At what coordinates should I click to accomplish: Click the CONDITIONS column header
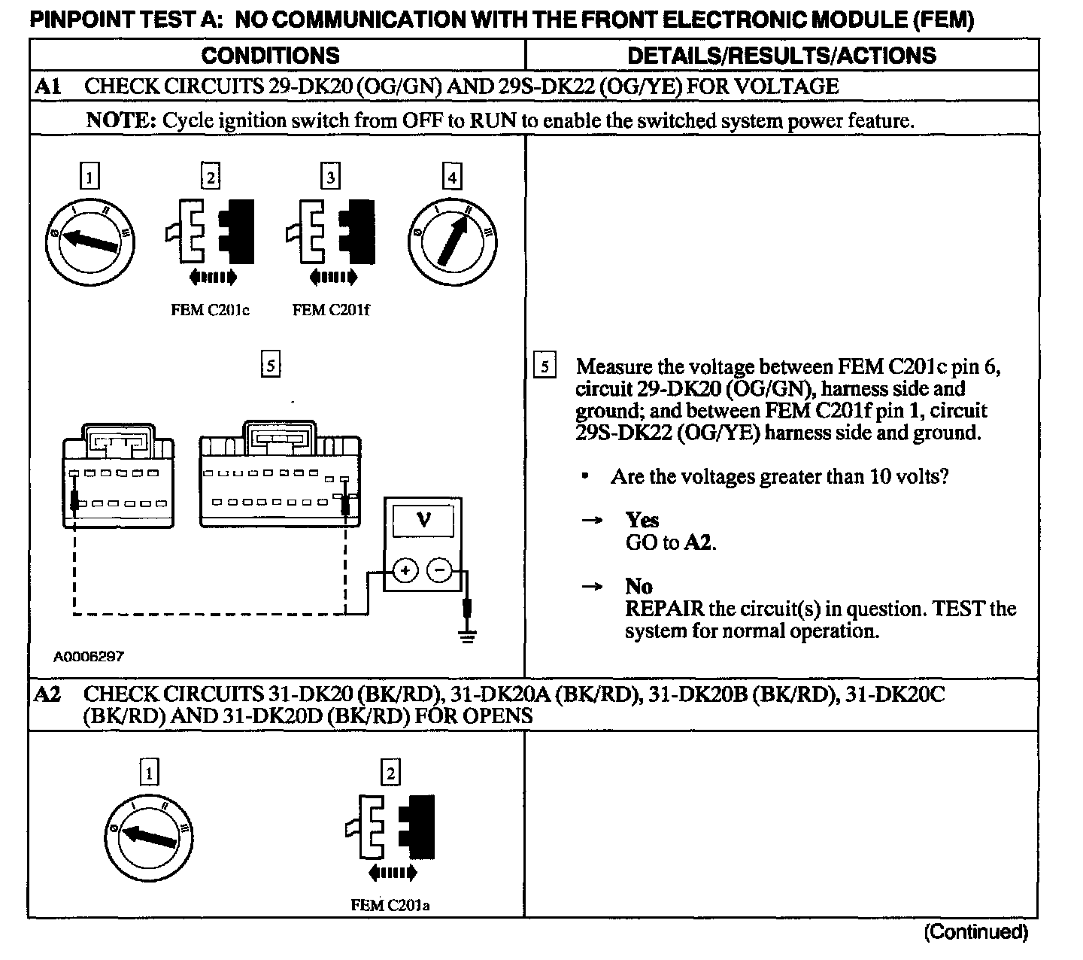point(270,55)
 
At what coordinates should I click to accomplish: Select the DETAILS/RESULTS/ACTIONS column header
point(781,55)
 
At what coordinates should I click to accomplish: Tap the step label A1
point(48,86)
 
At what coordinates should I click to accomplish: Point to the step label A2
point(48,694)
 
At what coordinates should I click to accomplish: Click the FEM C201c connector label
point(210,310)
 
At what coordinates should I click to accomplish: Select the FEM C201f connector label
point(331,310)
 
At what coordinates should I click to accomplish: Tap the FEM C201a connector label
point(390,904)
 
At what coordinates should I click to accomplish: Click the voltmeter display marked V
point(423,519)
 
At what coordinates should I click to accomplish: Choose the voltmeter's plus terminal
point(405,571)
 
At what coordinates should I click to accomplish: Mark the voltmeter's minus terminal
point(440,571)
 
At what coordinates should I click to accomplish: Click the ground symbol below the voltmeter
point(468,637)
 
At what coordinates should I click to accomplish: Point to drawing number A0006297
point(89,656)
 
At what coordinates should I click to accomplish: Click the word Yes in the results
point(642,520)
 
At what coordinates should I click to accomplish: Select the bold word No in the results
point(639,586)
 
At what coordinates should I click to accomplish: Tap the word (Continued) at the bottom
point(975,932)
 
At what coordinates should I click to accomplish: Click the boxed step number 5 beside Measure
point(544,367)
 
